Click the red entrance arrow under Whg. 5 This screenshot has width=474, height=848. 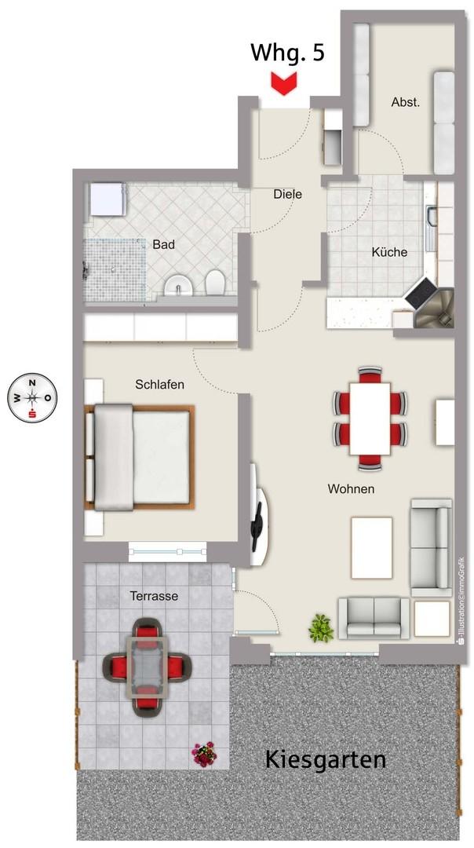[x=284, y=85]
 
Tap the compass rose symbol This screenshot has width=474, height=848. [x=32, y=399]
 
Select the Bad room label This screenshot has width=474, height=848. [x=163, y=244]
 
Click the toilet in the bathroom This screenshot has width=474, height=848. [x=215, y=281]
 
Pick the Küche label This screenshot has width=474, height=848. [x=389, y=252]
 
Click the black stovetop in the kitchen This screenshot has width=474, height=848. [x=421, y=294]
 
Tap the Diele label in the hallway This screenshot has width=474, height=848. [x=287, y=194]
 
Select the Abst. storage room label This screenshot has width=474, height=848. [x=406, y=102]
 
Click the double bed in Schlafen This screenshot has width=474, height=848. [x=139, y=457]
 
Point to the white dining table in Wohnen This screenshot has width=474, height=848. [x=370, y=419]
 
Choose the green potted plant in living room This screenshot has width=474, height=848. [x=321, y=628]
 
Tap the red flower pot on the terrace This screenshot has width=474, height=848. [x=205, y=755]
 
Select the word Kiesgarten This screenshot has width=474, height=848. [x=326, y=760]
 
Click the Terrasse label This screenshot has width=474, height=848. [x=154, y=596]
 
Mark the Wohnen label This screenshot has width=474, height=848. [x=351, y=489]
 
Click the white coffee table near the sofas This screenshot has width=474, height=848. [x=371, y=547]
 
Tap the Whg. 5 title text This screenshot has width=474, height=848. [x=287, y=53]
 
